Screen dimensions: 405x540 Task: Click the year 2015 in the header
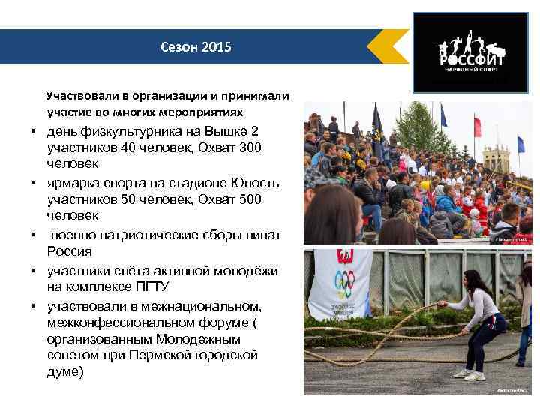point(218,47)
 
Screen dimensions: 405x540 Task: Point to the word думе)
point(65,371)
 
